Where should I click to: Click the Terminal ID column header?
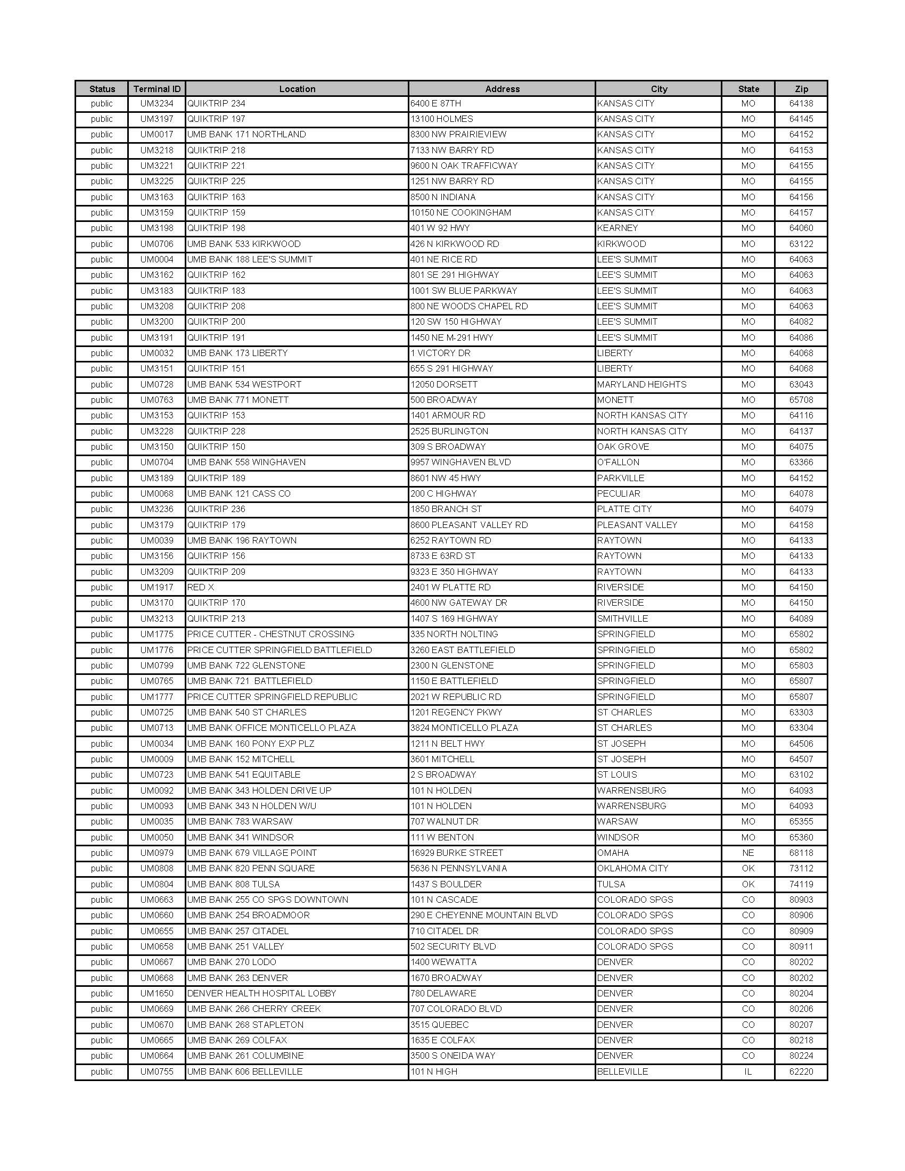click(157, 89)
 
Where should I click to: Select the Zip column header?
click(801, 89)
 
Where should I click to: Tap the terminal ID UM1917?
click(157, 587)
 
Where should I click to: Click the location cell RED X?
click(201, 587)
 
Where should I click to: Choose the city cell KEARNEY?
click(617, 228)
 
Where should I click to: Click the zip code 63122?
click(801, 244)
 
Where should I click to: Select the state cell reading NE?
click(748, 853)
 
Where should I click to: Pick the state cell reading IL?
click(748, 1072)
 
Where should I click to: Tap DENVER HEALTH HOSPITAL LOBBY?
click(261, 994)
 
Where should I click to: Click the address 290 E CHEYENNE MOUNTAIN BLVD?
click(483, 916)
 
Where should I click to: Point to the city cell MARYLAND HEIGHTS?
click(641, 384)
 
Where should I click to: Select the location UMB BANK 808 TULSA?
click(233, 884)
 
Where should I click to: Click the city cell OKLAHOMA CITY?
click(632, 869)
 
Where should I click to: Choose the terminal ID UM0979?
click(157, 853)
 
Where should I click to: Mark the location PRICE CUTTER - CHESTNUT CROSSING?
click(271, 634)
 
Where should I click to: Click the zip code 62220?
click(801, 1072)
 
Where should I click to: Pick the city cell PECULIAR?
click(618, 494)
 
